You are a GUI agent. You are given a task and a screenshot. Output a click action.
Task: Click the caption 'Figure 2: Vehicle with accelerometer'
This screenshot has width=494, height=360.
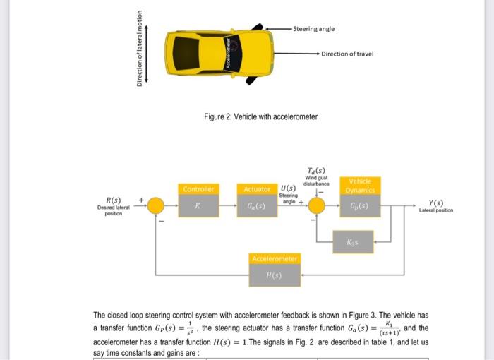260,116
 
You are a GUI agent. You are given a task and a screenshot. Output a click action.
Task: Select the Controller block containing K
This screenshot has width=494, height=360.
198,200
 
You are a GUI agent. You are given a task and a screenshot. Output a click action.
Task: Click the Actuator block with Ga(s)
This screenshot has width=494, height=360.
257,200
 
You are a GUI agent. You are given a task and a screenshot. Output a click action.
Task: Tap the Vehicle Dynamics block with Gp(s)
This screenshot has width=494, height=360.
361,200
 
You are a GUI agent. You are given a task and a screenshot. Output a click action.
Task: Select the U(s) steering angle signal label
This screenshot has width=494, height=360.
288,188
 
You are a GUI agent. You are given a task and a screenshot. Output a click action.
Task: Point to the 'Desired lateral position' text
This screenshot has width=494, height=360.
114,210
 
